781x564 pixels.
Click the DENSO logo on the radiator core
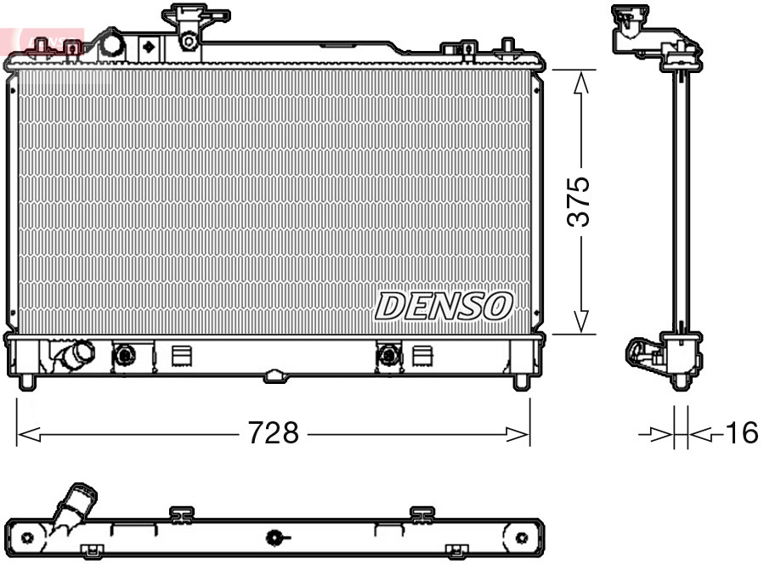pyautogui.click(x=444, y=306)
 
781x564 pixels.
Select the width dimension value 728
pyautogui.click(x=274, y=434)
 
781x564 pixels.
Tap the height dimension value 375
pyautogui.click(x=580, y=202)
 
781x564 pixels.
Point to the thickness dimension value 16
pyautogui.click(x=740, y=434)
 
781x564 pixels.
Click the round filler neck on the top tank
pyautogui.click(x=110, y=45)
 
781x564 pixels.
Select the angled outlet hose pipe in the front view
pyautogui.click(x=75, y=354)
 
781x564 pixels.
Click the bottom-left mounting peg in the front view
pyautogui.click(x=27, y=381)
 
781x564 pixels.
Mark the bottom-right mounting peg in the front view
pyautogui.click(x=521, y=381)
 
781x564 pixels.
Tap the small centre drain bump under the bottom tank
pyautogui.click(x=274, y=375)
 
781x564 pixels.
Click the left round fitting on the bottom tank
pyautogui.click(x=124, y=354)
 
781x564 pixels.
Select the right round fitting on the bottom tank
pyautogui.click(x=388, y=354)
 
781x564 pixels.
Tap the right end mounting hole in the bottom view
pyautogui.click(x=522, y=538)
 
